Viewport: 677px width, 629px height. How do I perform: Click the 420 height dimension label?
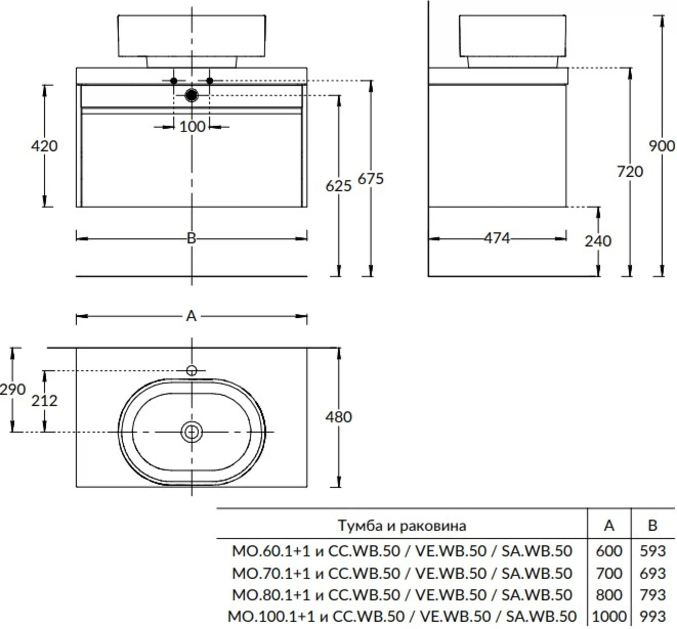44,146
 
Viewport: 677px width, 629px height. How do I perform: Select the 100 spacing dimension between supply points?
192,127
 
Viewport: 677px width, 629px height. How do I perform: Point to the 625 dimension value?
338,186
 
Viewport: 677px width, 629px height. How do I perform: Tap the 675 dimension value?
370,179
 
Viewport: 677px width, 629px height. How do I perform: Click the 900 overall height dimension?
661,146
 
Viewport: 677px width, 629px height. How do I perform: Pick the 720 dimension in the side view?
630,172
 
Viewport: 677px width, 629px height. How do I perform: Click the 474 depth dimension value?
497,238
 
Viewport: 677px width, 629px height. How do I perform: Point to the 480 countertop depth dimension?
338,417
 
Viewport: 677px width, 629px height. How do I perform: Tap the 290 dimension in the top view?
13,389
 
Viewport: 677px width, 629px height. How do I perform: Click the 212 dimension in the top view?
44,401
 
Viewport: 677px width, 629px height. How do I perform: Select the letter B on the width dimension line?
192,238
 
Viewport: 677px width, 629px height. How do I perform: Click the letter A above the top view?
192,317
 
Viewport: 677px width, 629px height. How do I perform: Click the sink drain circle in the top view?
192,432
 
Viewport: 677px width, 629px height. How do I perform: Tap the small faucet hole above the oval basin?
192,371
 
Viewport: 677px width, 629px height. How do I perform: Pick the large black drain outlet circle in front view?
192,95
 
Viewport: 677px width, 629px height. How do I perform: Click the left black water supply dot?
174,81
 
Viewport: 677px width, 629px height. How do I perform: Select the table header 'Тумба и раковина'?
402,526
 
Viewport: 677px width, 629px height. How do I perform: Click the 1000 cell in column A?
609,616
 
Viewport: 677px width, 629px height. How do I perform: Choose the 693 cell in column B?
652,574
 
